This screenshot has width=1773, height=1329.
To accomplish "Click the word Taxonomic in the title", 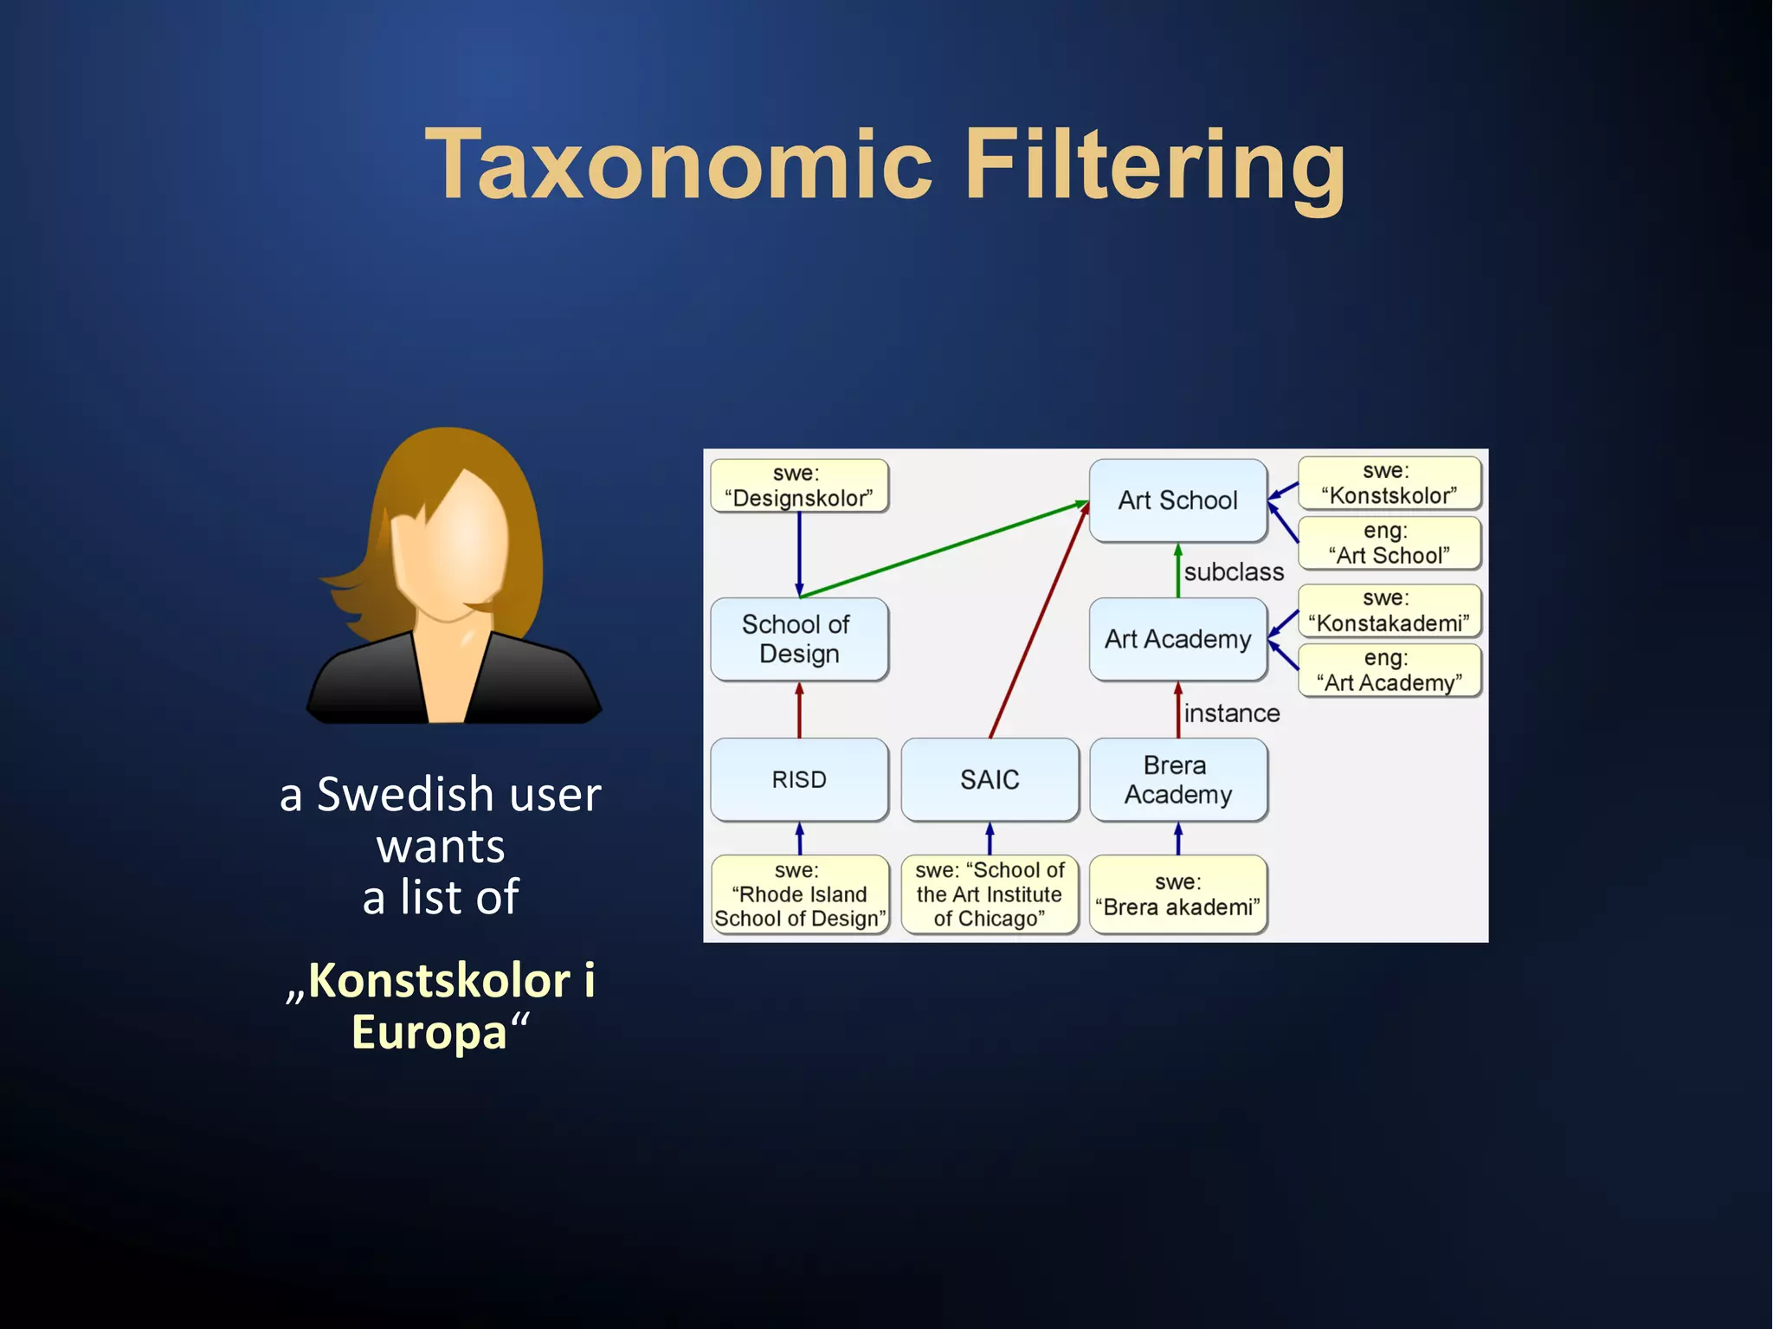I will (x=680, y=165).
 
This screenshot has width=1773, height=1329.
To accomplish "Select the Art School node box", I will (x=1177, y=500).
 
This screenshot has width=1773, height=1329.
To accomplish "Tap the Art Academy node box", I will (x=1177, y=639).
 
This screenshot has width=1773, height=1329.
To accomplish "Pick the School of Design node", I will (x=798, y=639).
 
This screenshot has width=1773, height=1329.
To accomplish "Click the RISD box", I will (x=798, y=779).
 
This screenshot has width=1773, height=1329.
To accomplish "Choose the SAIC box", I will (x=990, y=779).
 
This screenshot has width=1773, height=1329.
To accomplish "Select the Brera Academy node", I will (x=1177, y=779).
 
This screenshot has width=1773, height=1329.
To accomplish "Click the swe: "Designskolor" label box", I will (x=798, y=486).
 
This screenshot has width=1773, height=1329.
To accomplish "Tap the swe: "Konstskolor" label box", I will (x=1389, y=483).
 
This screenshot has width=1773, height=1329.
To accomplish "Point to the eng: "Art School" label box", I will (x=1389, y=543).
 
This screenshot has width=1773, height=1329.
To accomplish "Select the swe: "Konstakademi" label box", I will (x=1389, y=610).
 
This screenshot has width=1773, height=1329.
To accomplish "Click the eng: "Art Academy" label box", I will (x=1389, y=670).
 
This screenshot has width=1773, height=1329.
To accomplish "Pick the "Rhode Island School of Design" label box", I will (x=798, y=894).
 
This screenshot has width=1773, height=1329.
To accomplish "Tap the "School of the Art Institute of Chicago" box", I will (x=990, y=894).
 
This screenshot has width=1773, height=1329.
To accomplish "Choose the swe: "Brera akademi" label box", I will (x=1177, y=894).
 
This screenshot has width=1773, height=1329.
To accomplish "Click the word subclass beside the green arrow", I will (x=1234, y=572).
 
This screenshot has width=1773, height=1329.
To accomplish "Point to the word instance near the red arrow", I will (x=1231, y=713).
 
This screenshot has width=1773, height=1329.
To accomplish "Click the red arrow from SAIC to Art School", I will (x=1039, y=620).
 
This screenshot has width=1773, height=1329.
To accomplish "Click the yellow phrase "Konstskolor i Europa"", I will (x=440, y=1005).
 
